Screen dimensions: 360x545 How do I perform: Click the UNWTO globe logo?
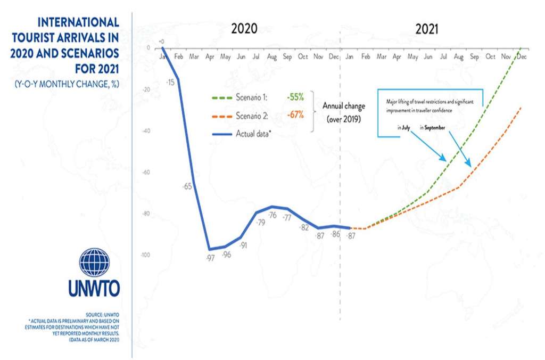point(94,262)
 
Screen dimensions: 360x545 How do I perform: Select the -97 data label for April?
point(210,258)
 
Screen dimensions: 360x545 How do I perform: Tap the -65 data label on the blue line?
point(187,187)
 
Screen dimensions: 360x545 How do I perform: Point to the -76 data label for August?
point(272,215)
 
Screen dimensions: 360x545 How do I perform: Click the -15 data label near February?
point(170,83)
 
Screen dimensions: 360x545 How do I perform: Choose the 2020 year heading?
point(244,29)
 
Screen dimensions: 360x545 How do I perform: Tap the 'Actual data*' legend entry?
point(254,133)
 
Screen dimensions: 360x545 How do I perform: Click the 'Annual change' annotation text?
point(344,106)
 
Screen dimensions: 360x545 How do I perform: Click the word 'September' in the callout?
point(434,128)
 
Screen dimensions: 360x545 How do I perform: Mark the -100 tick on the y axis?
point(145,255)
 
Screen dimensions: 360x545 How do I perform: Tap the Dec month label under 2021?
point(522,56)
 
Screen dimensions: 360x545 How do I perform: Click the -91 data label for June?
point(243,245)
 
